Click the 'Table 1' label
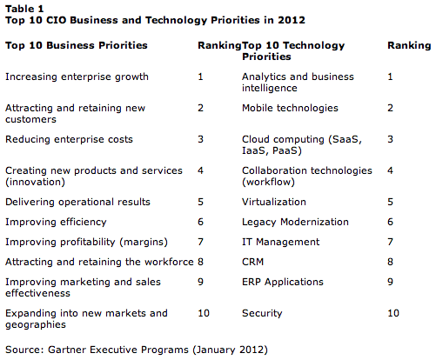click(x=24, y=9)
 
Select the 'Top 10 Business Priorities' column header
click(x=77, y=45)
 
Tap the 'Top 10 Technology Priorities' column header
click(x=293, y=50)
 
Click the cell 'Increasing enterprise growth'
click(x=77, y=77)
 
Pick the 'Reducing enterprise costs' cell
click(x=69, y=139)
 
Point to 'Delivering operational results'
click(x=77, y=202)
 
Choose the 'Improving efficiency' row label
click(x=56, y=222)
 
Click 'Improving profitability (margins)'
click(x=86, y=242)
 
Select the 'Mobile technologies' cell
click(x=290, y=108)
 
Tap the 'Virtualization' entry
click(x=274, y=202)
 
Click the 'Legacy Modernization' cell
click(x=295, y=222)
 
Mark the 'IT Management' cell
click(x=281, y=242)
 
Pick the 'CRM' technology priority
click(x=252, y=262)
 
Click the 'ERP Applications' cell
click(x=283, y=282)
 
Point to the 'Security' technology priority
click(x=262, y=313)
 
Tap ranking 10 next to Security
click(x=393, y=313)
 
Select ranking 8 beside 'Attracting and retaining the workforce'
click(x=200, y=262)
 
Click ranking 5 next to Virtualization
click(x=390, y=202)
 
